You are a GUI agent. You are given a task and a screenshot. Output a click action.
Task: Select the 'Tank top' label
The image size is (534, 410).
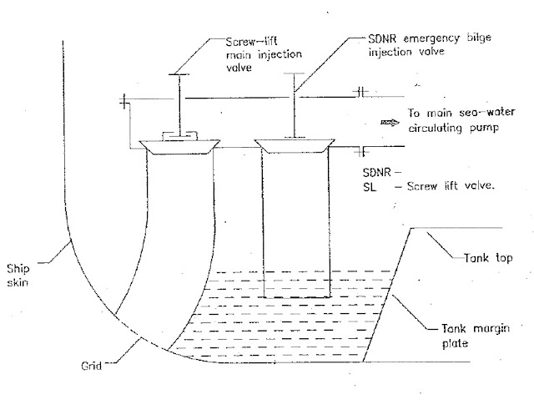pyautogui.click(x=485, y=259)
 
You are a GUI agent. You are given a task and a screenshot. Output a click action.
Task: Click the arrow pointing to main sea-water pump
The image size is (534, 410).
pyautogui.click(x=390, y=121)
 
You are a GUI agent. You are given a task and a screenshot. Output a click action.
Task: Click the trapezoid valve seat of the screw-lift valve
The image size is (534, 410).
pyautogui.click(x=182, y=147)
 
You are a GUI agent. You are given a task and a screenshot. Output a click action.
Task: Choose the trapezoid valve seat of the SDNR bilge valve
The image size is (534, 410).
pyautogui.click(x=292, y=146)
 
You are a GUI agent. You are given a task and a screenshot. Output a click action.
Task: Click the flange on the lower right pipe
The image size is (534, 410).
pyautogui.click(x=361, y=151)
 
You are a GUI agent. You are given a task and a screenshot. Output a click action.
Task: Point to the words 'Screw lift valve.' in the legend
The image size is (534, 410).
pyautogui.click(x=454, y=188)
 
